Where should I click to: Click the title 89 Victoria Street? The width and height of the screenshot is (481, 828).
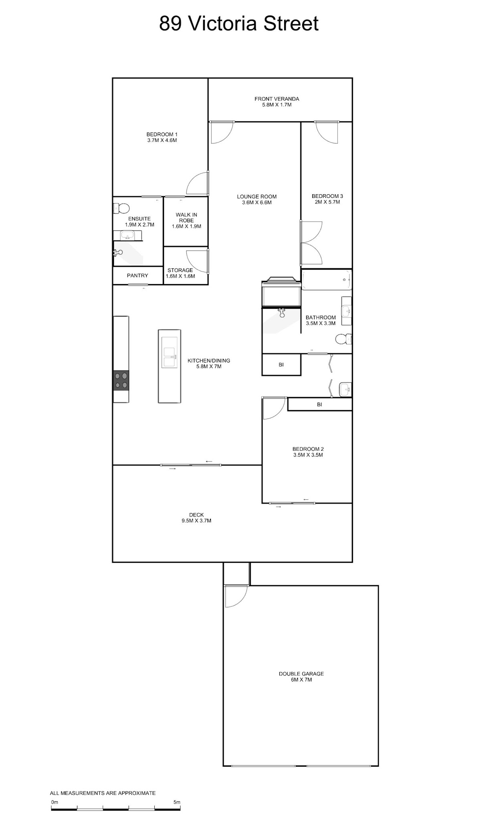(x=239, y=24)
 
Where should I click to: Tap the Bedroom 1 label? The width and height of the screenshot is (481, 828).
(x=162, y=134)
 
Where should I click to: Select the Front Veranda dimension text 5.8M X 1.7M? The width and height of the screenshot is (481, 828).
(x=277, y=105)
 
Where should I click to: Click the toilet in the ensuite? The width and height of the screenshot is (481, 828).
(x=121, y=208)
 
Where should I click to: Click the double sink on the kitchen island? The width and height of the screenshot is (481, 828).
(x=169, y=352)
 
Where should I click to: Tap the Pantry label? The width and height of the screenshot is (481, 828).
(x=137, y=276)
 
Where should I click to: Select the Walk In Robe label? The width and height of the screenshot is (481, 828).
(x=186, y=218)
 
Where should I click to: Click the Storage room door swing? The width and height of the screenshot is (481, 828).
(x=197, y=261)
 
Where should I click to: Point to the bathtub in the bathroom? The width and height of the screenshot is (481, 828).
(x=327, y=280)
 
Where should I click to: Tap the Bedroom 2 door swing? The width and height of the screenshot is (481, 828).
(x=274, y=408)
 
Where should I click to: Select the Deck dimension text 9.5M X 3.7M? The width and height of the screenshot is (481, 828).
(x=196, y=521)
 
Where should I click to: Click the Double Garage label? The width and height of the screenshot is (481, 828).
(x=301, y=674)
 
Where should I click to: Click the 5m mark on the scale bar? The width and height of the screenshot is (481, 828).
(x=177, y=802)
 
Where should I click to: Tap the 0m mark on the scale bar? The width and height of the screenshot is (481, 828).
(x=55, y=802)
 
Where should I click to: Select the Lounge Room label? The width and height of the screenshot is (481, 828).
(x=257, y=197)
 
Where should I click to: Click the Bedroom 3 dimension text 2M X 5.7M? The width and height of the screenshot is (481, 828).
(x=327, y=202)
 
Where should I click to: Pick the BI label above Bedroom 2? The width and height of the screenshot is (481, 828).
(x=319, y=405)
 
